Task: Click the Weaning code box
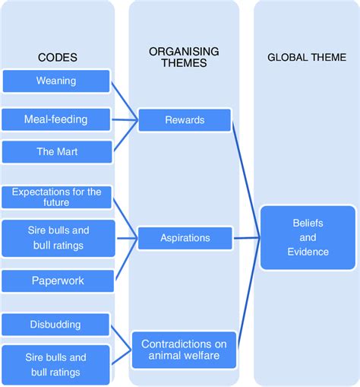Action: (56, 81)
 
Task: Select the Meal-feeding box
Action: (56, 119)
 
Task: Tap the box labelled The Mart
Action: (57, 152)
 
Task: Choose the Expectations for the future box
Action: (56, 197)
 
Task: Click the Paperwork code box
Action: (58, 281)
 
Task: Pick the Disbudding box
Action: (55, 325)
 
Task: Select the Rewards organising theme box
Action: (185, 120)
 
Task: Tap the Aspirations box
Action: (185, 238)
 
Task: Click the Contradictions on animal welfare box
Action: (184, 350)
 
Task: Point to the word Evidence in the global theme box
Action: (308, 252)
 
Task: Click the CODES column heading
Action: (58, 58)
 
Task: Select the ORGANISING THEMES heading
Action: (184, 57)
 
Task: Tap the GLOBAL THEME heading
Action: (307, 58)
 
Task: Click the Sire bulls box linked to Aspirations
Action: (58, 238)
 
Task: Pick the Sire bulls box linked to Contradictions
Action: (55, 365)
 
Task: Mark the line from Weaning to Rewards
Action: (125, 101)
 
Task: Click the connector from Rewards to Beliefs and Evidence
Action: (246, 180)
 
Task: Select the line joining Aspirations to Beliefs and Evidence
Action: (247, 238)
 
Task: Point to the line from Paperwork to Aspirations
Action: (127, 259)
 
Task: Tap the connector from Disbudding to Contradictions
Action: (121, 338)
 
